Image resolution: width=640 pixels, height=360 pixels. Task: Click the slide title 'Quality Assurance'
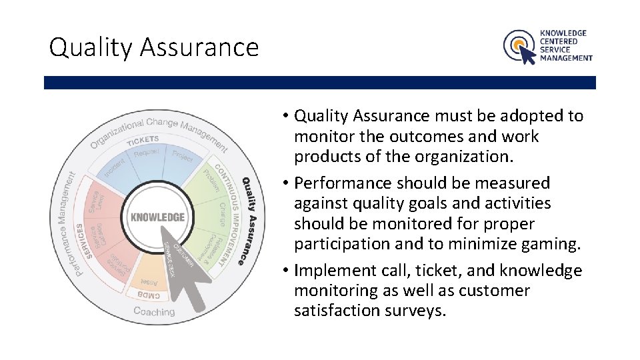[x=153, y=47]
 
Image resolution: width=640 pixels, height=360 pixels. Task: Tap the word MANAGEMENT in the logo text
[x=566, y=58]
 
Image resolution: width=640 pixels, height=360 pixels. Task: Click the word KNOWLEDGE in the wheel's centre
[x=157, y=217]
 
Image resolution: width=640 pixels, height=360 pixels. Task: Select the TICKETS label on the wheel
[x=143, y=140]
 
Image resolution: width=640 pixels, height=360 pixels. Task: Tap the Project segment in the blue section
[x=181, y=157]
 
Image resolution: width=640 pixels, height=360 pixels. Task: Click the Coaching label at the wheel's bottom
[x=154, y=311]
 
